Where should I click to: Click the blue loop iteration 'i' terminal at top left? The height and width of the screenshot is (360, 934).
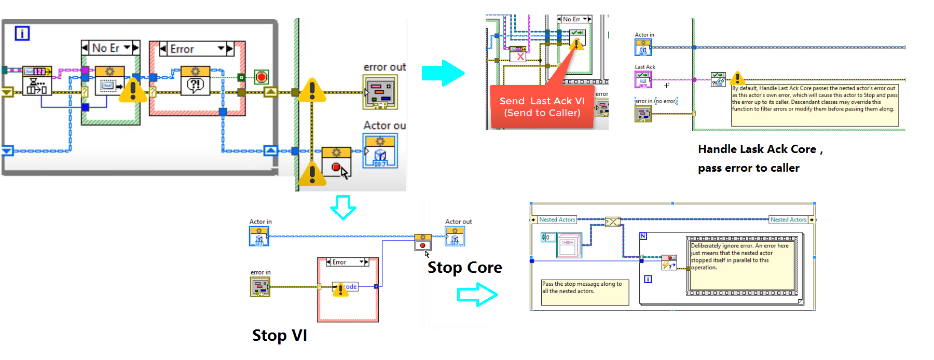coord(22,34)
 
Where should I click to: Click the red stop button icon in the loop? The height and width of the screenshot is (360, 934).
coord(262,77)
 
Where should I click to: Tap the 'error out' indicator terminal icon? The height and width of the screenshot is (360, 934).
coord(380,92)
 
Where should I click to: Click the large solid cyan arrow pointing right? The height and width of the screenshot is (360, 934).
coord(443,73)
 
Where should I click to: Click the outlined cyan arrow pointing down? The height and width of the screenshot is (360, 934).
coord(343,207)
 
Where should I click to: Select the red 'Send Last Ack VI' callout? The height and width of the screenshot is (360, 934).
coord(542,107)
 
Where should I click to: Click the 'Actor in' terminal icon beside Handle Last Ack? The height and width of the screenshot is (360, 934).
coord(643,47)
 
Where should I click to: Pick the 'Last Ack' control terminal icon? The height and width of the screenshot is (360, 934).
coord(643,79)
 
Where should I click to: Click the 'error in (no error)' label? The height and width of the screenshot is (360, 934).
coord(656,101)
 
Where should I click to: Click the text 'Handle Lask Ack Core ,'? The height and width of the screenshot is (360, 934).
coord(760,149)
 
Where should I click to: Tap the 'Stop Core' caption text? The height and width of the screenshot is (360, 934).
coord(464,268)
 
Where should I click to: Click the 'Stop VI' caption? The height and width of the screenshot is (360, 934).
coord(279,336)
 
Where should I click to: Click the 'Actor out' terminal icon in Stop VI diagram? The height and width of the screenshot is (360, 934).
coord(455,237)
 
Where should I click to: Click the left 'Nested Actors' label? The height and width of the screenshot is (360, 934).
coord(557,219)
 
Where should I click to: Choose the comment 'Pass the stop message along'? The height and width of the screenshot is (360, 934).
coord(584,292)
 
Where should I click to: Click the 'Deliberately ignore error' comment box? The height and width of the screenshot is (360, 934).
coord(742,265)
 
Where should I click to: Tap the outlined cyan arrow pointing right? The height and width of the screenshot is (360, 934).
coord(477,295)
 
